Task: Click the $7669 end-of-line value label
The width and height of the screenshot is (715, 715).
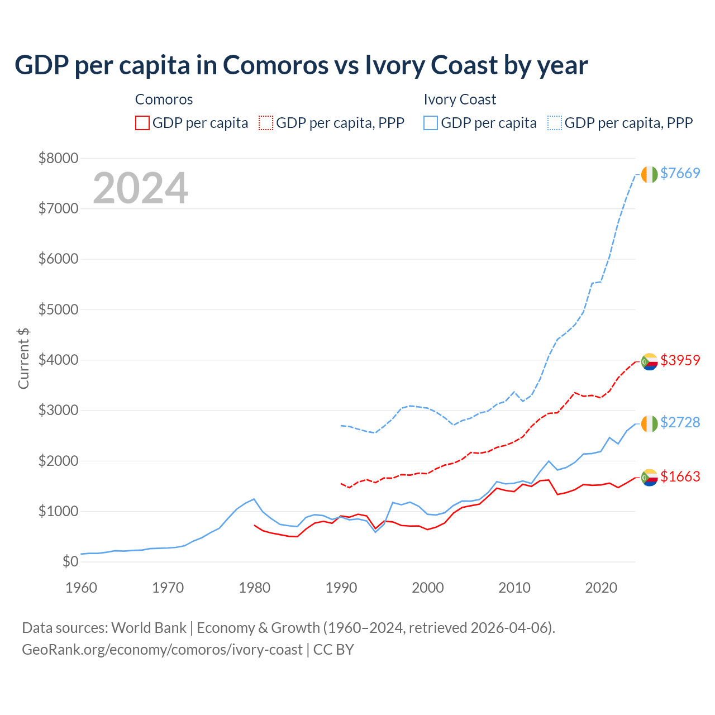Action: pyautogui.click(x=680, y=173)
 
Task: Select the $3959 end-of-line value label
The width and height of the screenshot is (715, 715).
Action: pyautogui.click(x=680, y=360)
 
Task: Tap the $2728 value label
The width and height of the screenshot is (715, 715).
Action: pyautogui.click(x=680, y=422)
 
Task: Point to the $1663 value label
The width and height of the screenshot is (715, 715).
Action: pyautogui.click(x=680, y=476)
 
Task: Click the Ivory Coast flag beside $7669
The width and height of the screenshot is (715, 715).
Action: pyautogui.click(x=649, y=174)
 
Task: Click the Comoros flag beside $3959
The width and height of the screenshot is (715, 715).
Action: pyautogui.click(x=649, y=361)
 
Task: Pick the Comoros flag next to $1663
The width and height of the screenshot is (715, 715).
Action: pyautogui.click(x=649, y=478)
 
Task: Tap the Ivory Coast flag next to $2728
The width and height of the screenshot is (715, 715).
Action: pyautogui.click(x=649, y=423)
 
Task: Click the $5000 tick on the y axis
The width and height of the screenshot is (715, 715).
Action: pyautogui.click(x=58, y=309)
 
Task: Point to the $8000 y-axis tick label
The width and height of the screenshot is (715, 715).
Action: pyautogui.click(x=58, y=158)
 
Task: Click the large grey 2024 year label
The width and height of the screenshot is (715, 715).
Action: pyautogui.click(x=140, y=188)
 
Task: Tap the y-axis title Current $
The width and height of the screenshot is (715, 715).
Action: pyautogui.click(x=23, y=359)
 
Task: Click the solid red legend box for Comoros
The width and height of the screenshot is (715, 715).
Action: pyautogui.click(x=142, y=123)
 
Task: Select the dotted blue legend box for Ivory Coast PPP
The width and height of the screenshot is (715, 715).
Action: pyautogui.click(x=555, y=123)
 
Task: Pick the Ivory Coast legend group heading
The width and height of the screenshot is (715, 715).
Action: pyautogui.click(x=460, y=99)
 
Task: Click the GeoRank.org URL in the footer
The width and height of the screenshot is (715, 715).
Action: pyautogui.click(x=162, y=650)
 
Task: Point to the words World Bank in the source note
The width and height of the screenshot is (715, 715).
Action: pyautogui.click(x=149, y=628)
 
